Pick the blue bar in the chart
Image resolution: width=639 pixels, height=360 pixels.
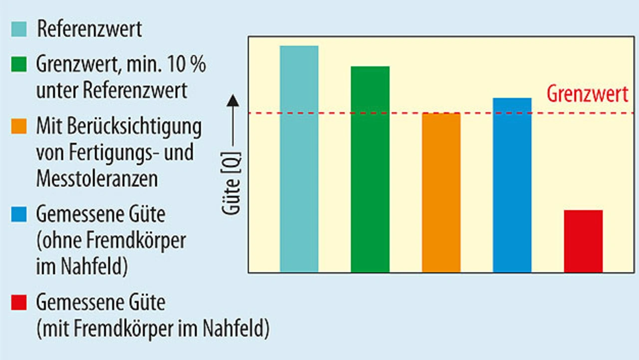(x=512, y=185)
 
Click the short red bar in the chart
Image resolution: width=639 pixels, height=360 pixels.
(x=583, y=241)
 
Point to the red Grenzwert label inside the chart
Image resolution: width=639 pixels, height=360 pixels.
(x=588, y=94)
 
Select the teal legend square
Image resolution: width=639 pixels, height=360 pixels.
(x=19, y=29)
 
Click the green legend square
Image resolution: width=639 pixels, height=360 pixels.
(x=19, y=65)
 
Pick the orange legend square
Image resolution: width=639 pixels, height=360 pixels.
(x=19, y=127)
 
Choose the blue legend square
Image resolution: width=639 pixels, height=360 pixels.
(x=19, y=215)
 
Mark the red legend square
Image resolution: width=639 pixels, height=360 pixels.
(x=19, y=302)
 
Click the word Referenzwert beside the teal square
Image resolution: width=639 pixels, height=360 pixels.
(x=89, y=29)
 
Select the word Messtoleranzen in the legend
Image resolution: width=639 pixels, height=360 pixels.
(x=97, y=179)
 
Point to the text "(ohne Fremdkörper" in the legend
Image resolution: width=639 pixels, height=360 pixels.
(x=111, y=241)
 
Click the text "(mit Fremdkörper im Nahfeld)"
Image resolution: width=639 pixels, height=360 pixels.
(x=152, y=329)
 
